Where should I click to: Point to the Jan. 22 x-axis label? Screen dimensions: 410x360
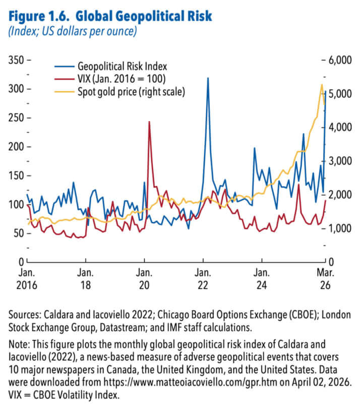[x=203, y=279]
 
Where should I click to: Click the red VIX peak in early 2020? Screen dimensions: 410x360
[x=149, y=122]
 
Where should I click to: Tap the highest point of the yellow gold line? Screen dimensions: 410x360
[x=322, y=84]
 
